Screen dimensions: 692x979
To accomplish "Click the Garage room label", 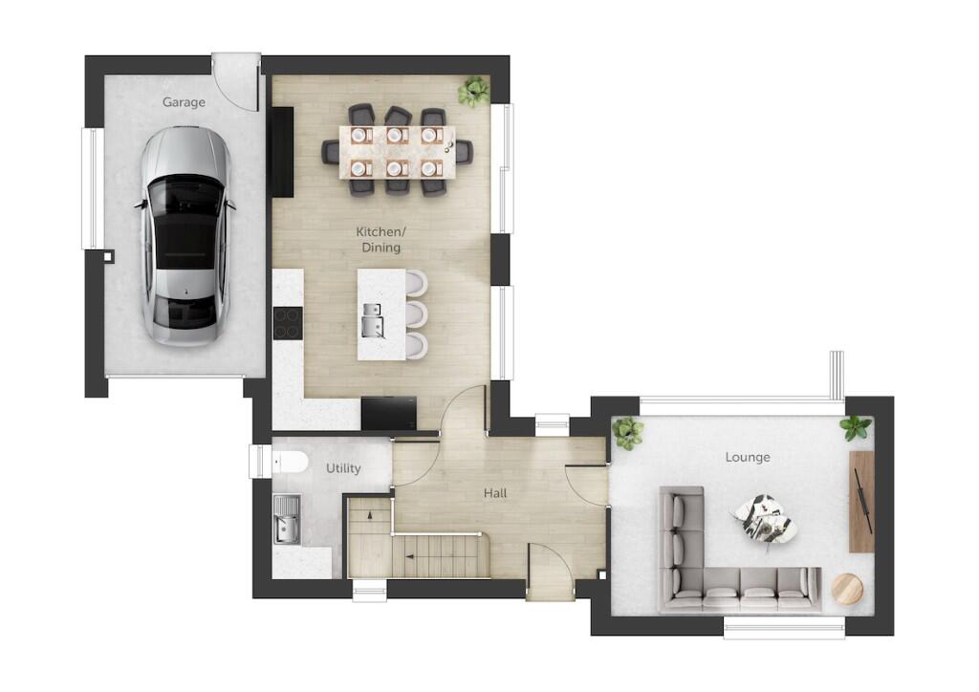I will (184, 102).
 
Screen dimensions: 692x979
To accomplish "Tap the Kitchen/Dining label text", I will (378, 240).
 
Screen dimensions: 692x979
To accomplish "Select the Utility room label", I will (343, 468).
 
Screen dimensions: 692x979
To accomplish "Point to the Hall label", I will (495, 493).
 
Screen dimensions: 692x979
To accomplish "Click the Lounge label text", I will (748, 457).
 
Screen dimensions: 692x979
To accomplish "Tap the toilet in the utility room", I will (290, 464).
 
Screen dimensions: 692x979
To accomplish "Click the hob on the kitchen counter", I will (287, 322).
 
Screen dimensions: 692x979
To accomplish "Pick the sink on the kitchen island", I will (372, 322).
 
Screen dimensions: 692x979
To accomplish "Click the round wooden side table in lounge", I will (846, 587).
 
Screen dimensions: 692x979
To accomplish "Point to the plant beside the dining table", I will (473, 91).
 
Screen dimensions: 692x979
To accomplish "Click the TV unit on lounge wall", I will (861, 501).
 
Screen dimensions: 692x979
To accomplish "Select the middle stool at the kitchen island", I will (415, 314).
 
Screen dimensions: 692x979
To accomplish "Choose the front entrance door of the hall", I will (550, 572).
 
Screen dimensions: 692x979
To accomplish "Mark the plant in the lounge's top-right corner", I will (856, 427).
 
